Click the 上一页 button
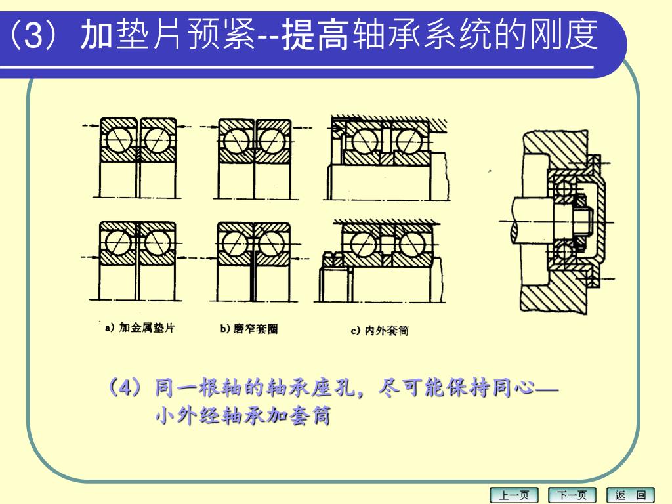[513, 495]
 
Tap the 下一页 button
[572, 495]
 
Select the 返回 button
[631, 495]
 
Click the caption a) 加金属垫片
[140, 328]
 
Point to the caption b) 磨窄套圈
[249, 329]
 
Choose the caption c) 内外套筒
[380, 331]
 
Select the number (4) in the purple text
[125, 388]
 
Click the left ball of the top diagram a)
[119, 140]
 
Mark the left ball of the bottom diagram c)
[364, 245]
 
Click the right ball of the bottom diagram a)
[157, 243]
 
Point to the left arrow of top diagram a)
[92, 125]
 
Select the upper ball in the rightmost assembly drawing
[564, 188]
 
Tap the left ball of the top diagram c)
[365, 140]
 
